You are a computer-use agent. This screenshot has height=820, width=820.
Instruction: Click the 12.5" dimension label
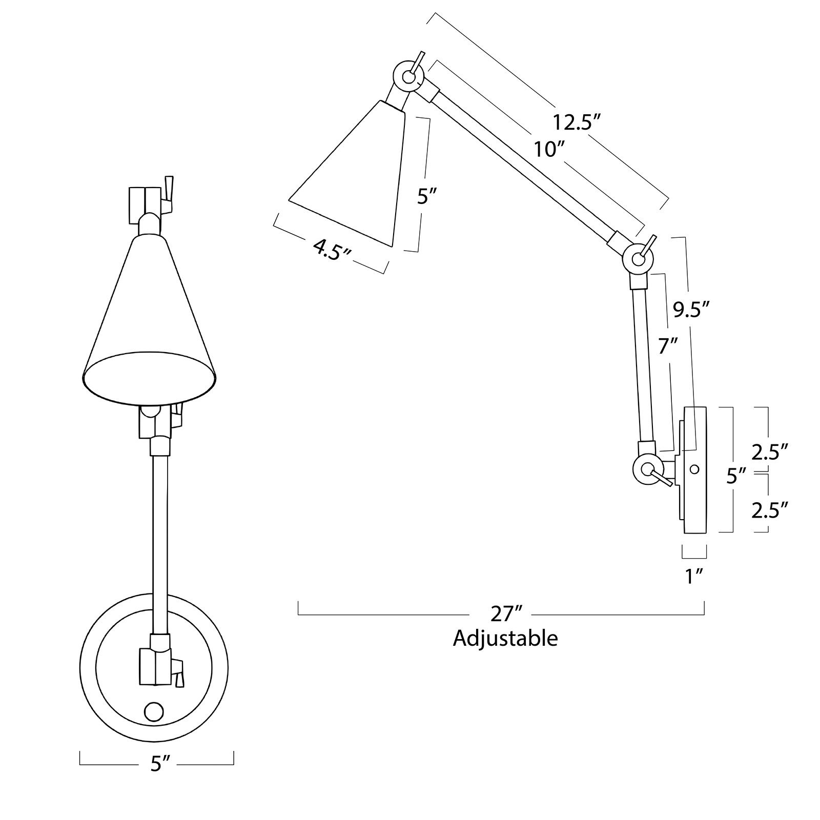(x=576, y=122)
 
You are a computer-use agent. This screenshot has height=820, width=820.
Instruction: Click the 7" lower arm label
(x=668, y=347)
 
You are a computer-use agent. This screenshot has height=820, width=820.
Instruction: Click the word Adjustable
(x=505, y=639)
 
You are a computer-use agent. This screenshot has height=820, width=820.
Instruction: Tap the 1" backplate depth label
(x=694, y=577)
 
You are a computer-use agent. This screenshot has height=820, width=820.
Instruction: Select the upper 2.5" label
(x=769, y=452)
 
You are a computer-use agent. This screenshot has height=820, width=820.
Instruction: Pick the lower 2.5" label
(x=769, y=510)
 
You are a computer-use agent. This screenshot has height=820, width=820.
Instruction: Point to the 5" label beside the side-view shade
(x=425, y=196)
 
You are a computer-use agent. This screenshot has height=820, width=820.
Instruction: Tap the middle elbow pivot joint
(x=638, y=259)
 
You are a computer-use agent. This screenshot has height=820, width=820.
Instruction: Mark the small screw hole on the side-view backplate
(x=694, y=468)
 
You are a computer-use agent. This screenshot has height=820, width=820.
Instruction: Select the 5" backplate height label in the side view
(x=735, y=477)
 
